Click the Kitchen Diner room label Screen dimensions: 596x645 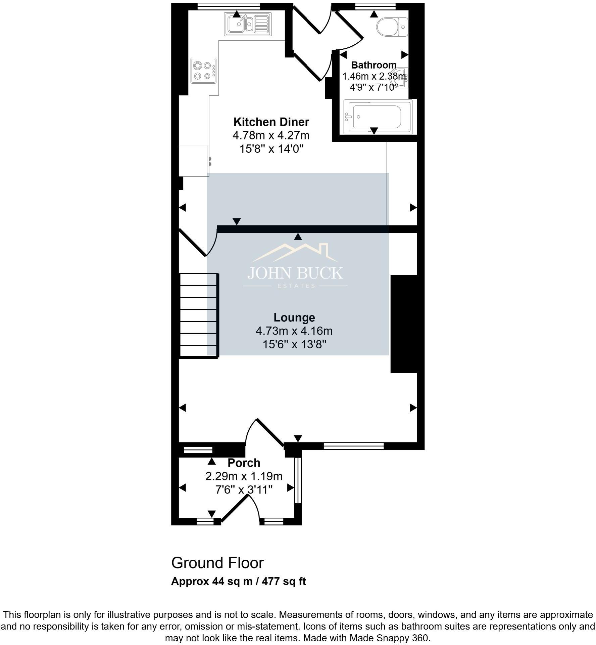(271, 122)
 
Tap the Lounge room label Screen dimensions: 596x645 (294, 317)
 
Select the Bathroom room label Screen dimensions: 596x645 (374, 65)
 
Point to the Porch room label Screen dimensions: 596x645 (244, 463)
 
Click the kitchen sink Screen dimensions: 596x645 (248, 24)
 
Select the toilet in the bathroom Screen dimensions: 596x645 (392, 27)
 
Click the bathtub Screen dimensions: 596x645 (378, 117)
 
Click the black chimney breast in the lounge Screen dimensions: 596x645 (404, 324)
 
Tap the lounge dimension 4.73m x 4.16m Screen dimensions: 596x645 (294, 331)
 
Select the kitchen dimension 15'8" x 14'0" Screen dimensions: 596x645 (271, 149)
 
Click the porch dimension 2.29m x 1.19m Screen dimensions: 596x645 (244, 476)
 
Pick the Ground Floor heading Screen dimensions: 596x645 (217, 563)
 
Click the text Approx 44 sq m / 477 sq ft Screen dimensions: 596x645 (239, 582)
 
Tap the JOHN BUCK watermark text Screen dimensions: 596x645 (295, 273)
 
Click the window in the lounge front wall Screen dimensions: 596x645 (354, 446)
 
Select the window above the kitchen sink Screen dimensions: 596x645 (229, 6)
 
